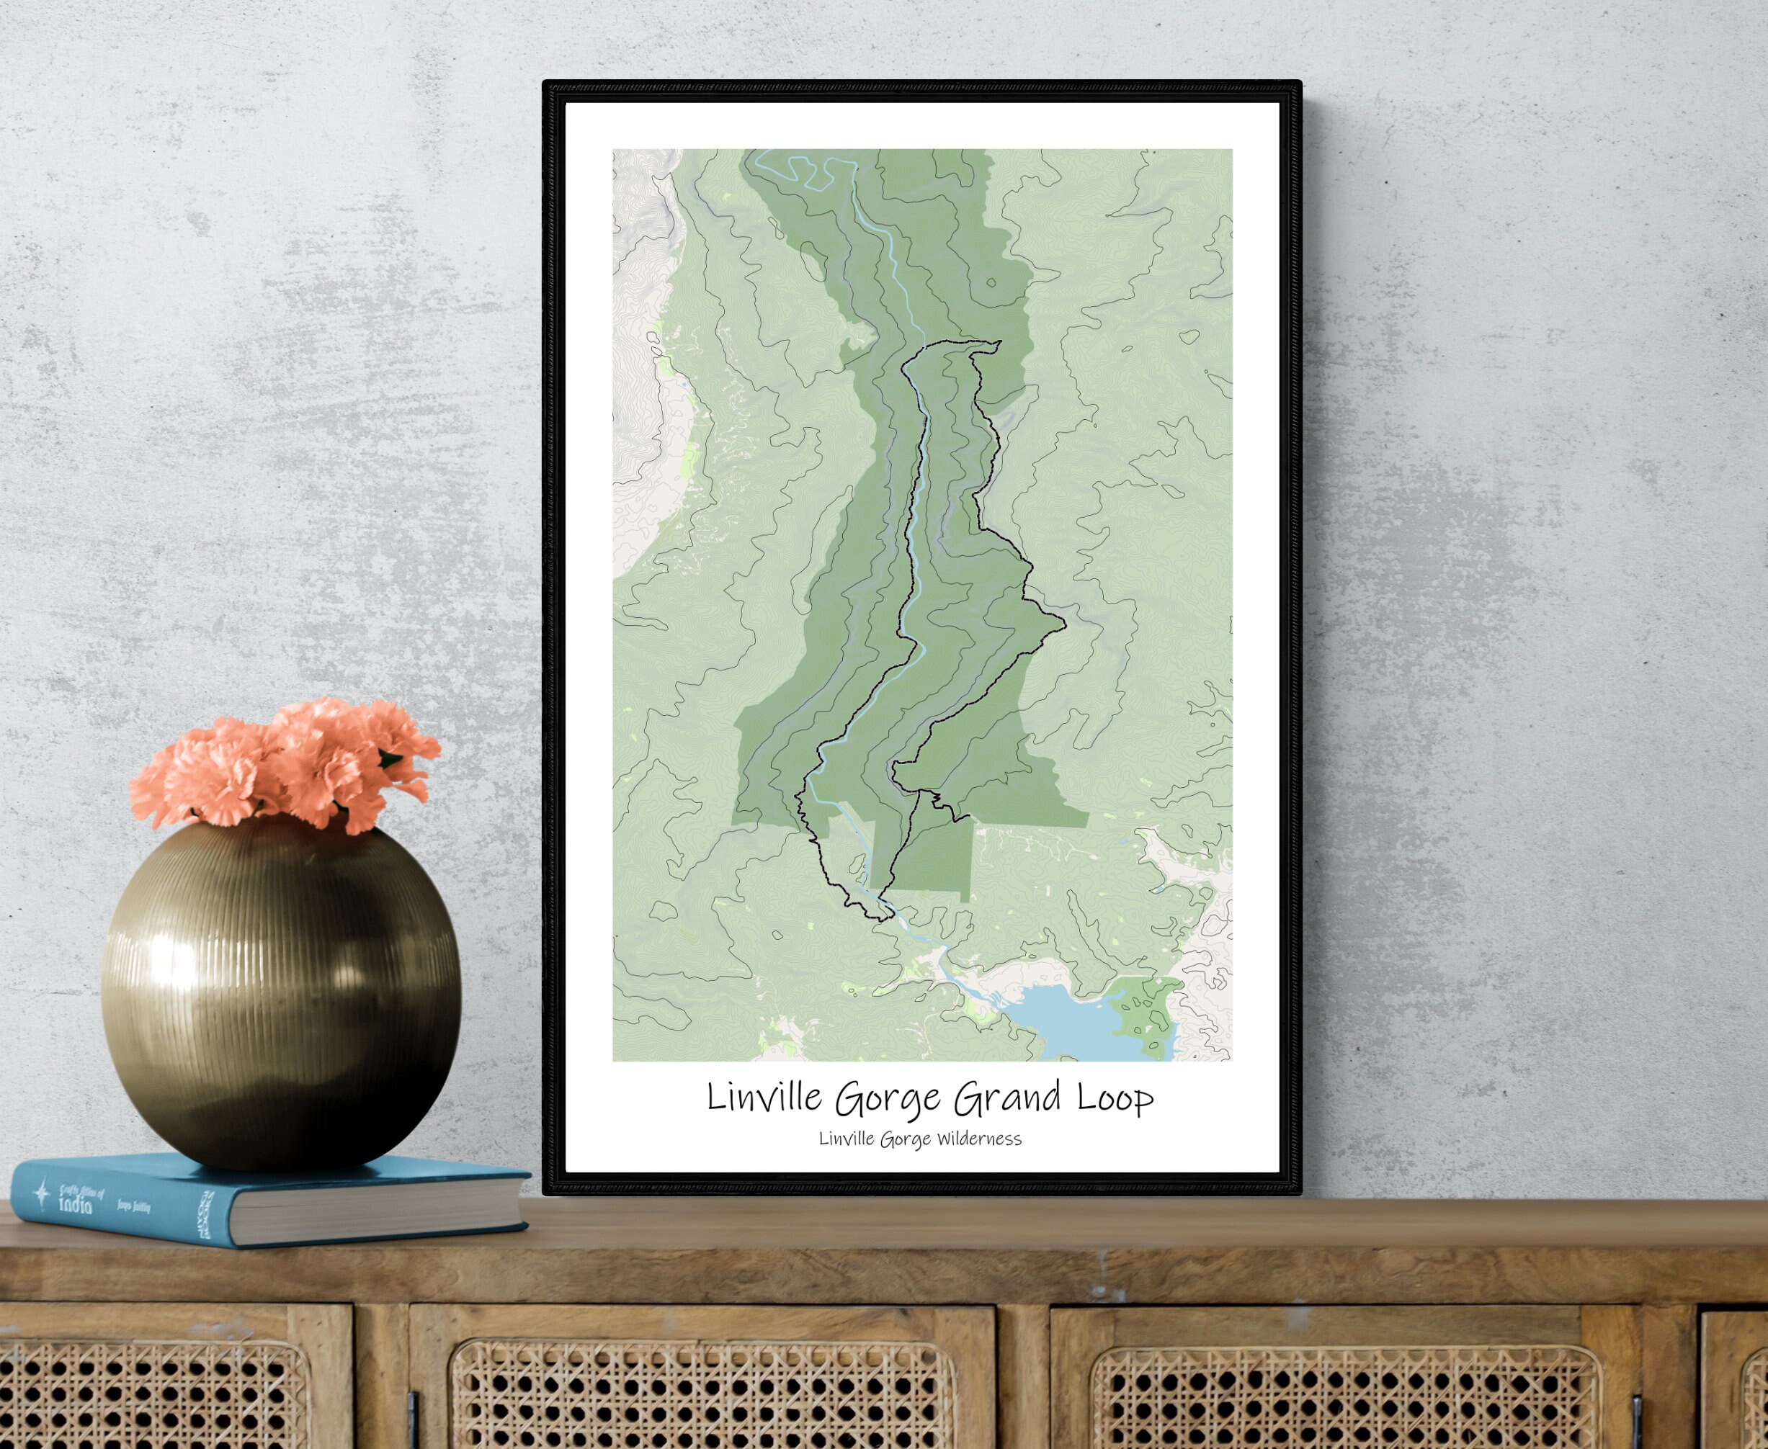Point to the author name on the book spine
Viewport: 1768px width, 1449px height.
[x=137, y=1208]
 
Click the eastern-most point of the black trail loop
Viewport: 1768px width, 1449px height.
[x=1065, y=622]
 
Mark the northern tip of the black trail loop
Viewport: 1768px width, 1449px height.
[x=998, y=342]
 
